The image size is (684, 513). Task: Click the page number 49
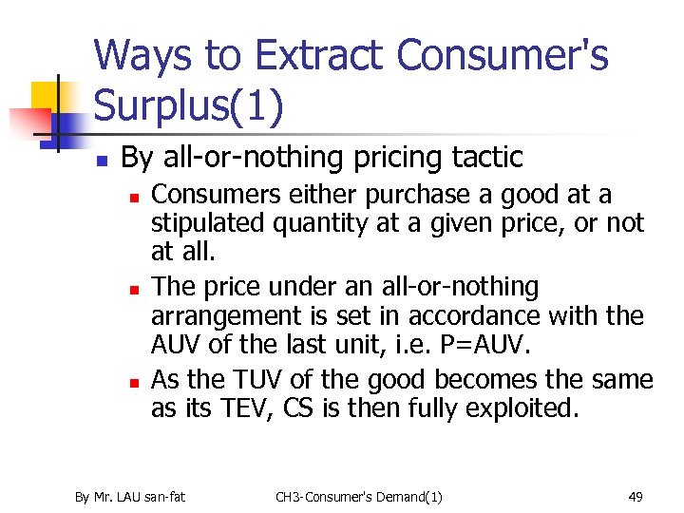coord(636,496)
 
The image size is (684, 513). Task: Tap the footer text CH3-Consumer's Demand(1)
coord(359,496)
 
